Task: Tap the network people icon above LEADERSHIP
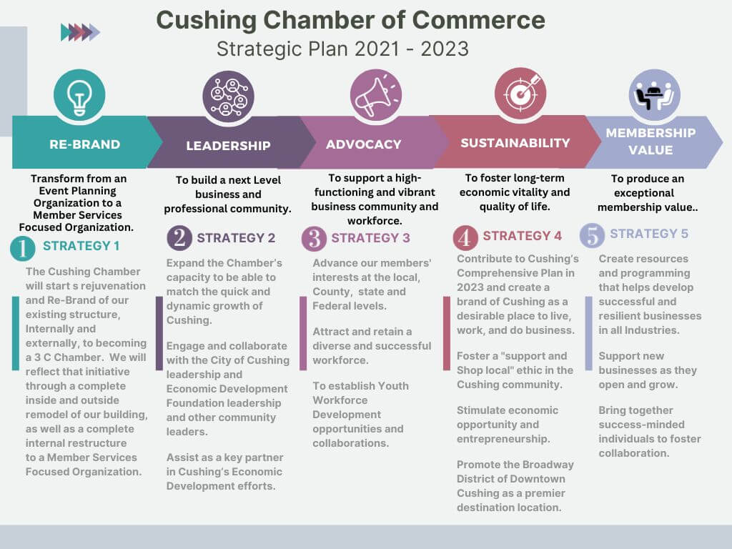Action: pyautogui.click(x=228, y=97)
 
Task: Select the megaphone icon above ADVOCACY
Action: pyautogui.click(x=375, y=95)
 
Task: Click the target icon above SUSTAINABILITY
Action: pyautogui.click(x=520, y=94)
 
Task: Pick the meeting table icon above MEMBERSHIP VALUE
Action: pyautogui.click(x=654, y=95)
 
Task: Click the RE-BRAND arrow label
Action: pyautogui.click(x=84, y=144)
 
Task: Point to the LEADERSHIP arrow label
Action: pyautogui.click(x=228, y=146)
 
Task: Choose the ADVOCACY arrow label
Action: pyautogui.click(x=363, y=144)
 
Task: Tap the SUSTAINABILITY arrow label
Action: pyautogui.click(x=515, y=143)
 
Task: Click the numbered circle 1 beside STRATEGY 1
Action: pyautogui.click(x=23, y=249)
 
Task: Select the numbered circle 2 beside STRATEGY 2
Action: pyautogui.click(x=179, y=238)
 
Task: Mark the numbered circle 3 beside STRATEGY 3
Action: pyautogui.click(x=314, y=238)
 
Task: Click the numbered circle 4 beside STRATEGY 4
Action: pyautogui.click(x=466, y=237)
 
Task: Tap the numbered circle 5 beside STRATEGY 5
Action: pyautogui.click(x=592, y=234)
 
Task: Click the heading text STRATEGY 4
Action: pyautogui.click(x=522, y=236)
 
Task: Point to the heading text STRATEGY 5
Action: pyautogui.click(x=649, y=234)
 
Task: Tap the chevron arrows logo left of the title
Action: pyautogui.click(x=80, y=31)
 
